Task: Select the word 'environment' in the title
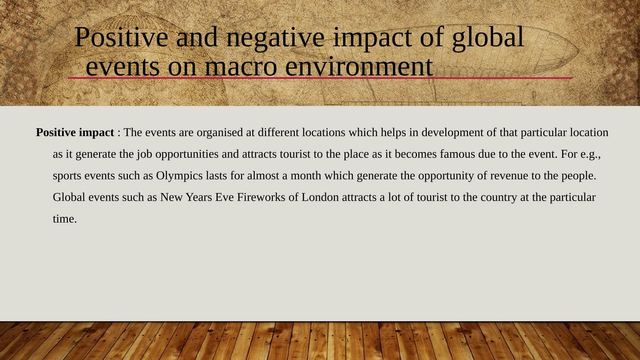359,66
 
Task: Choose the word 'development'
452,132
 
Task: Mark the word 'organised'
220,132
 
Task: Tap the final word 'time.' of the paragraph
65,219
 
